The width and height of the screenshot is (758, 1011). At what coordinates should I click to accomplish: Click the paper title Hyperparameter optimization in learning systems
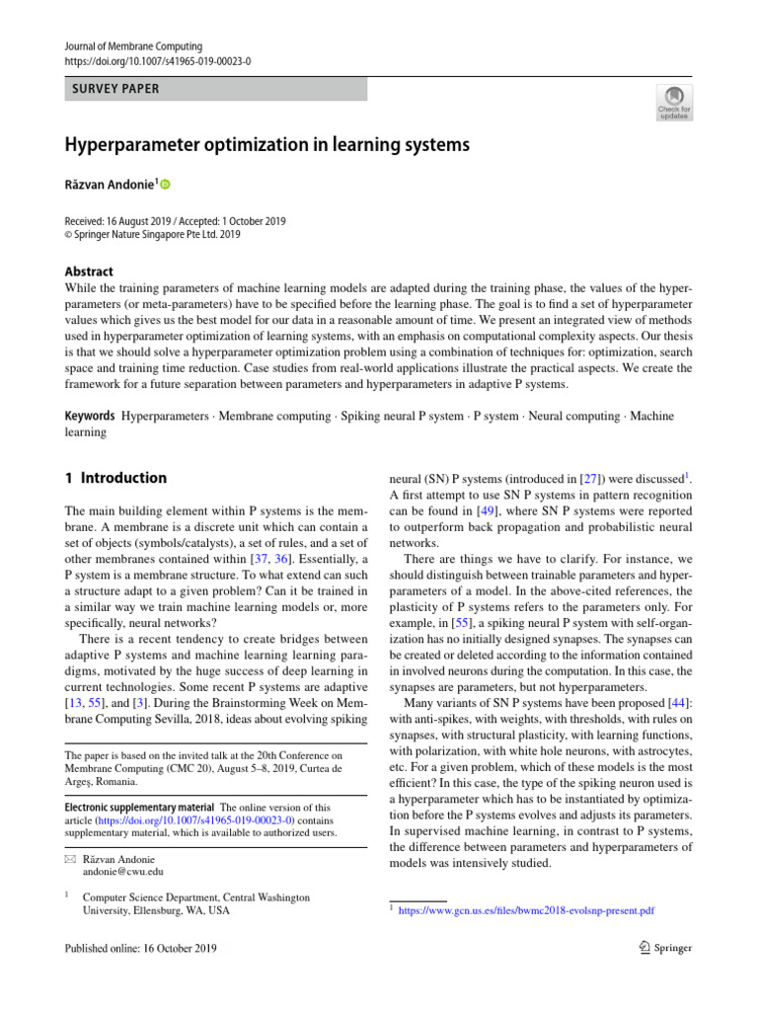click(266, 145)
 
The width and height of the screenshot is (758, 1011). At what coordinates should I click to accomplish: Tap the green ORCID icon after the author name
click(165, 185)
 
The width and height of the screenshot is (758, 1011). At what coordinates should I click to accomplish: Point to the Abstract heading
click(89, 272)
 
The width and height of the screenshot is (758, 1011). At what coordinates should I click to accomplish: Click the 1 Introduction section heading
click(115, 478)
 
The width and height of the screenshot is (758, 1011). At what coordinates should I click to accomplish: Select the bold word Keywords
click(89, 417)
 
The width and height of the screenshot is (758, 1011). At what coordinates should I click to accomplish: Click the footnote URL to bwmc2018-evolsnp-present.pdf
click(526, 910)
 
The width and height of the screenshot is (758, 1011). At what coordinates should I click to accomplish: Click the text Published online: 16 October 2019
click(141, 948)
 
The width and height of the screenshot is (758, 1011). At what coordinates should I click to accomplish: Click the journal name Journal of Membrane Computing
click(133, 46)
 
